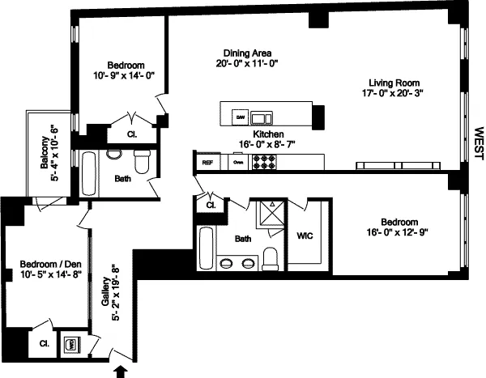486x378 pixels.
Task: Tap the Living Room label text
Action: (x=394, y=83)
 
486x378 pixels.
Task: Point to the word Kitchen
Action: (x=266, y=134)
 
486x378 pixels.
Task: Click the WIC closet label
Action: (x=306, y=236)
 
